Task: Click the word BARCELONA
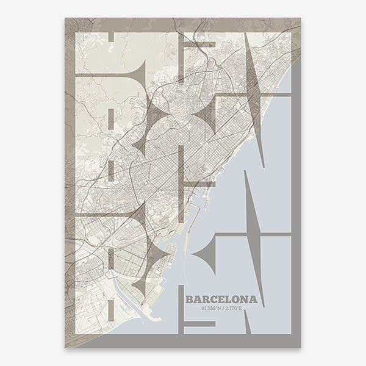coord(221,300)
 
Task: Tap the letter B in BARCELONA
coord(189,300)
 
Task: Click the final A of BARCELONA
coord(253,300)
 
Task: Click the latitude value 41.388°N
coord(211,308)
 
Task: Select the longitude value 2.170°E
coord(232,308)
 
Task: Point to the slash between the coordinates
coord(221,308)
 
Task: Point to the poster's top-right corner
coord(301,18)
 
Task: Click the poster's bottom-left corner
coord(65,347)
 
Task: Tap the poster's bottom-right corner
coord(301,347)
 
